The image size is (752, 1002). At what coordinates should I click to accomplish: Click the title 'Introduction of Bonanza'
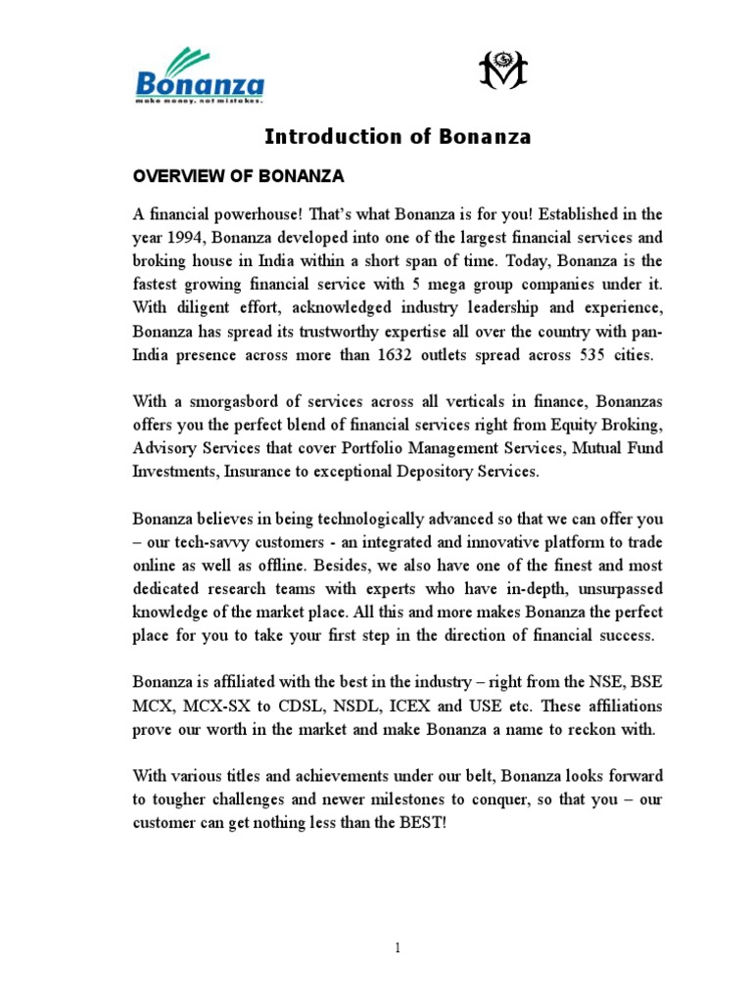(x=398, y=137)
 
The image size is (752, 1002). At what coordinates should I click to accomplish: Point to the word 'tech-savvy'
(x=225, y=542)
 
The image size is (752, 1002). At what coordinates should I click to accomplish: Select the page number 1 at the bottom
(x=399, y=947)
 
